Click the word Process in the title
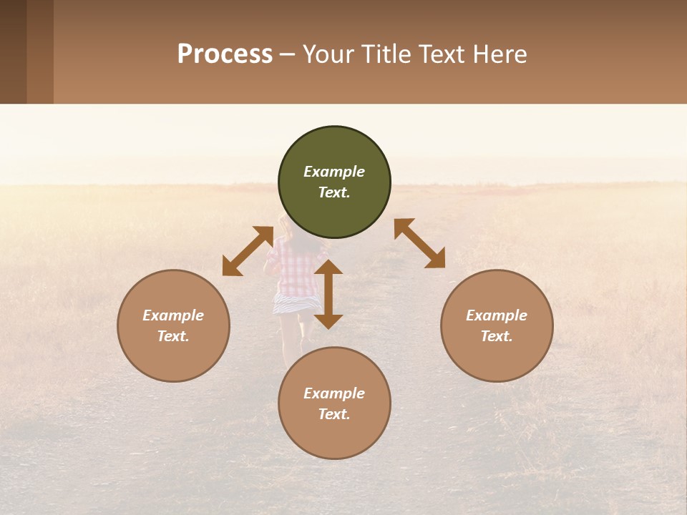tap(225, 54)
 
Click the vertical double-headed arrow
tap(328, 294)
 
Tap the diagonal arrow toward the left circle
tap(248, 251)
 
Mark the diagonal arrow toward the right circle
tap(419, 243)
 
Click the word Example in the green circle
tap(334, 172)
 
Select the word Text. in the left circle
tap(173, 336)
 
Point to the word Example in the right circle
tap(497, 315)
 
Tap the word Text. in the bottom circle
tap(334, 414)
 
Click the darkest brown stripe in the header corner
tap(13, 51)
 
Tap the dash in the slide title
tap(288, 55)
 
